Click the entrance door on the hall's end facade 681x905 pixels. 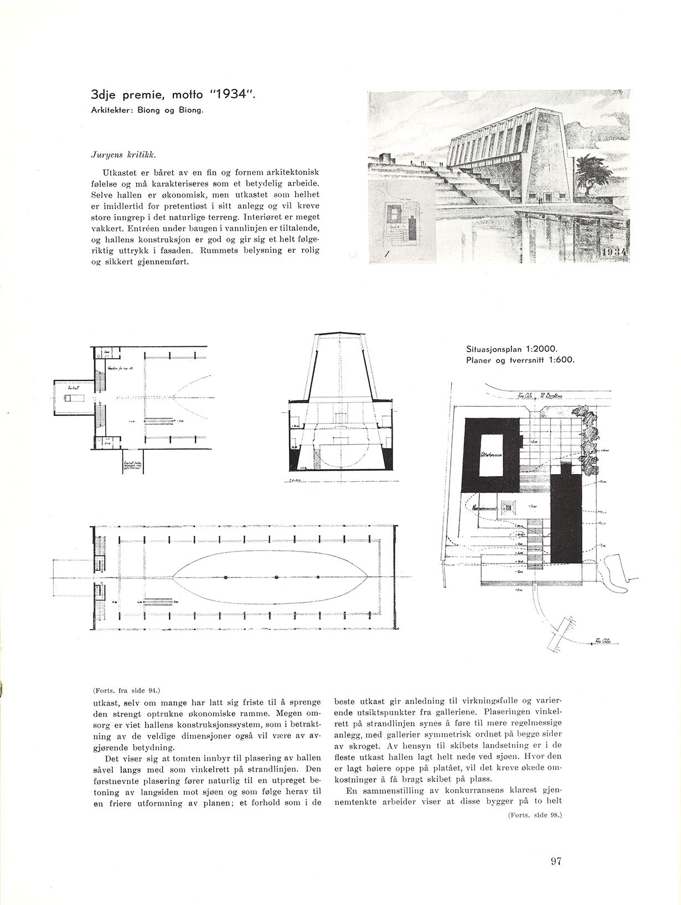click(548, 196)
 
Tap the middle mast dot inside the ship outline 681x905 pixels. click(276, 577)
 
